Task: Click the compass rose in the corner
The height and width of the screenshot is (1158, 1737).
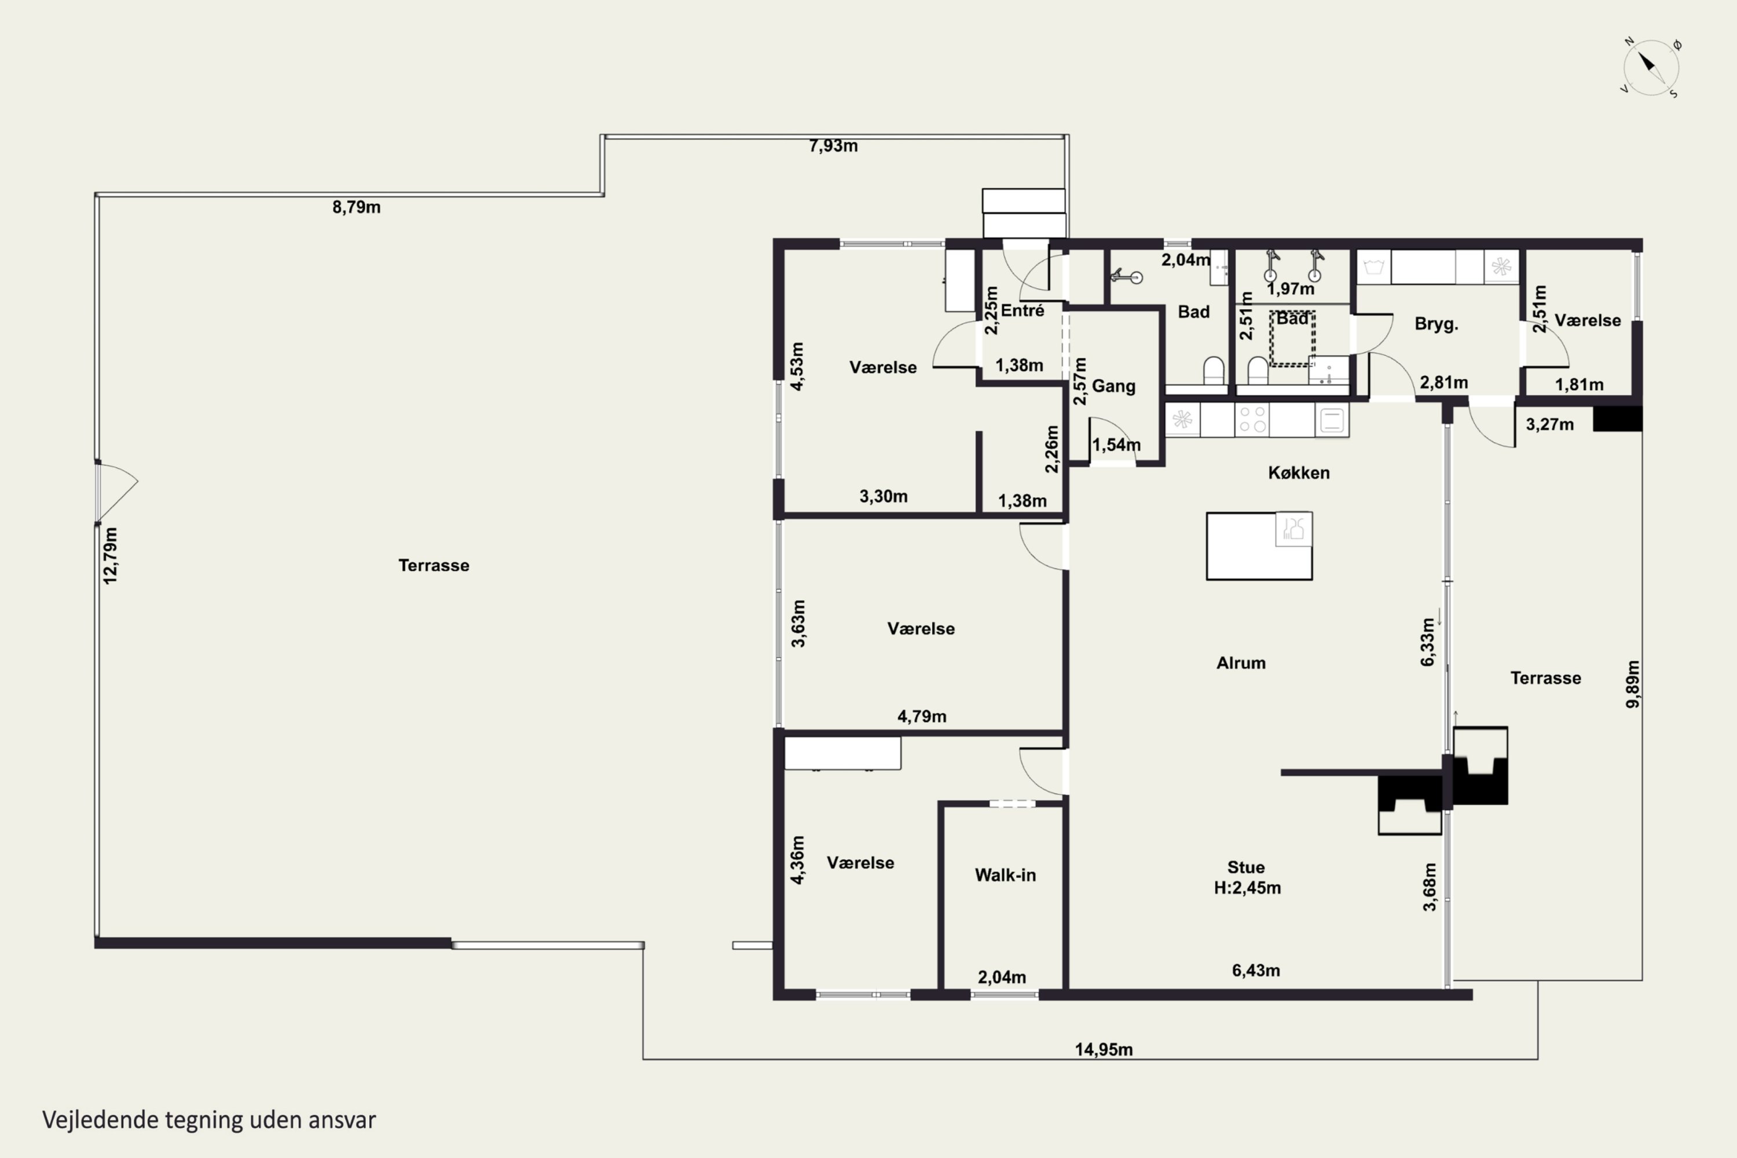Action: click(1651, 68)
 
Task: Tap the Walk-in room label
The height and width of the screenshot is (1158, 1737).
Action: click(1005, 875)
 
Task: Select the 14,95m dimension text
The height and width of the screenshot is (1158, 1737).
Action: click(1104, 1049)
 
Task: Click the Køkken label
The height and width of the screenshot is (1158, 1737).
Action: click(1298, 472)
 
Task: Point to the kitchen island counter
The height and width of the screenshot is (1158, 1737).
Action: click(1259, 546)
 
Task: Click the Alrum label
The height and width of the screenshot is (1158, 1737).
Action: click(1241, 663)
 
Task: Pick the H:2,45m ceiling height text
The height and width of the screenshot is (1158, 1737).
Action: click(1247, 888)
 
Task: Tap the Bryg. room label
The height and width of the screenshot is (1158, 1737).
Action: click(1436, 324)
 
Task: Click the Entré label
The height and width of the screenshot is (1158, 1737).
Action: click(1022, 310)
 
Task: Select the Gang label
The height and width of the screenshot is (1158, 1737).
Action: click(1113, 386)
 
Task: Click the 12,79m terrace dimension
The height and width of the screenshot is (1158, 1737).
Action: click(110, 556)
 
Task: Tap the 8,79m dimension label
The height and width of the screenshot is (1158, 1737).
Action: click(356, 207)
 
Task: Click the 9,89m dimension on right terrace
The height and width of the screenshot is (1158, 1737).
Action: click(1633, 684)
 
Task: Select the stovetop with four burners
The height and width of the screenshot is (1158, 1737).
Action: click(1252, 419)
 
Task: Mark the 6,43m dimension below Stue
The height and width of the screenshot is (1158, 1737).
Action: click(1255, 970)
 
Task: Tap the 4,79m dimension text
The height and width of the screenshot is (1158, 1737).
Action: click(922, 716)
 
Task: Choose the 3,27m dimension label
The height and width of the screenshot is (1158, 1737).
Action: click(1549, 424)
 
